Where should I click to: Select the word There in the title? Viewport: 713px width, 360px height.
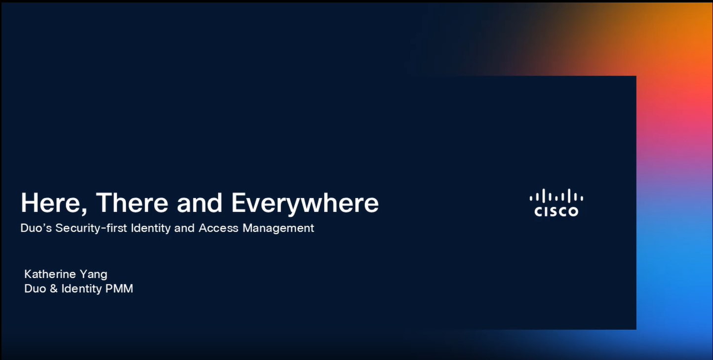pos(132,203)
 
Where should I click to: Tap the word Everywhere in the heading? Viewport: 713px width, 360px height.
pos(305,204)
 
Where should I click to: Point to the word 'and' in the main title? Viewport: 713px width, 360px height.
pos(199,203)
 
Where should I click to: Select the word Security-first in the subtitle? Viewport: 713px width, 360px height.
pos(91,229)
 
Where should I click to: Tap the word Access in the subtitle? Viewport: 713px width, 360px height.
pos(218,228)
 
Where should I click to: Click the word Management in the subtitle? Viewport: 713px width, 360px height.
pos(278,229)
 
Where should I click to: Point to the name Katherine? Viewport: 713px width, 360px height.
pos(50,274)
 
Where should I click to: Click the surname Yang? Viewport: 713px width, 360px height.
pos(93,275)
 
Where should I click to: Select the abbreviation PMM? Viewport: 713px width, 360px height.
pos(119,288)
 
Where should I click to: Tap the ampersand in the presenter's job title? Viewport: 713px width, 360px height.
pos(53,288)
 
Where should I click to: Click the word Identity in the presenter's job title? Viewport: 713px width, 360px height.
pos(81,289)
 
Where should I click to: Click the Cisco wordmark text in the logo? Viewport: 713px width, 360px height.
pos(556,211)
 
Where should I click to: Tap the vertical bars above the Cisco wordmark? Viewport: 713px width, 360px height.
pos(556,196)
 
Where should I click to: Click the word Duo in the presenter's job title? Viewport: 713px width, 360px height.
pos(35,288)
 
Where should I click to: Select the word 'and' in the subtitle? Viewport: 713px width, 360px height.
pos(184,228)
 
